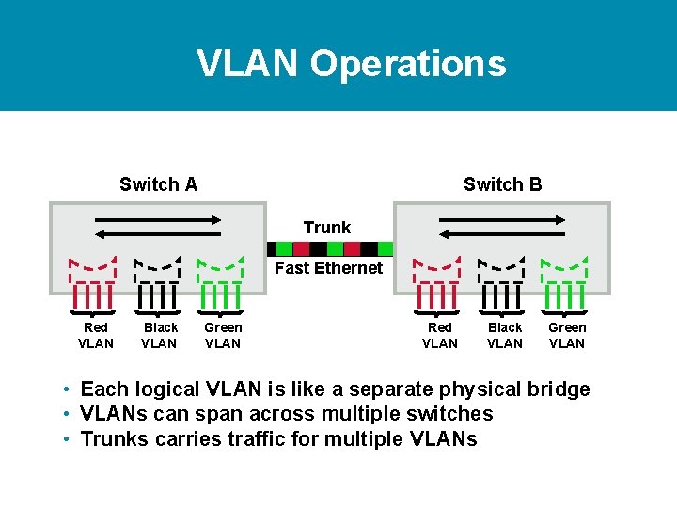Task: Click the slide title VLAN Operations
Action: coord(351,63)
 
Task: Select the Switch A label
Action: coord(158,184)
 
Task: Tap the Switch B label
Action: coord(502,184)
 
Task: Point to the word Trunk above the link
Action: coord(326,228)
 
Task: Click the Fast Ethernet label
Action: coord(328,268)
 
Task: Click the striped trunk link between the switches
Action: coord(329,249)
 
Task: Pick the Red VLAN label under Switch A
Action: coord(96,335)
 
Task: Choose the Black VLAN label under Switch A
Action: coord(160,335)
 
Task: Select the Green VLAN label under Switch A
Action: coord(223,335)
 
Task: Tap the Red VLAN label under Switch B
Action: coord(440,335)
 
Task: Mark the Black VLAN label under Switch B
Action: coord(505,335)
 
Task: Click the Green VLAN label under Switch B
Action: coord(567,335)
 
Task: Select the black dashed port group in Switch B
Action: coord(501,282)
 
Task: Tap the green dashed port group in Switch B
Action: coord(564,282)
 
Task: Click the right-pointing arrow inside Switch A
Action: coord(156,219)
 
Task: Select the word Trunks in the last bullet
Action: coord(113,438)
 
